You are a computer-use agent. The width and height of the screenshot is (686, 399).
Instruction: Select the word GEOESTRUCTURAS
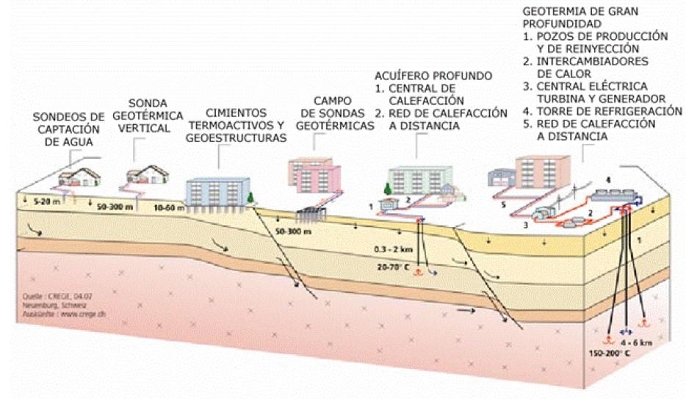coord(235,138)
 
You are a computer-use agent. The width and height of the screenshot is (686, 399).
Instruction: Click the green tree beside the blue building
coord(250,198)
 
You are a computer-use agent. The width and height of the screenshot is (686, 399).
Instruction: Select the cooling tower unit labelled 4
coord(616,193)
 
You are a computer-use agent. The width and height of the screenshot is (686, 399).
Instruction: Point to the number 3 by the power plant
coord(525,227)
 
